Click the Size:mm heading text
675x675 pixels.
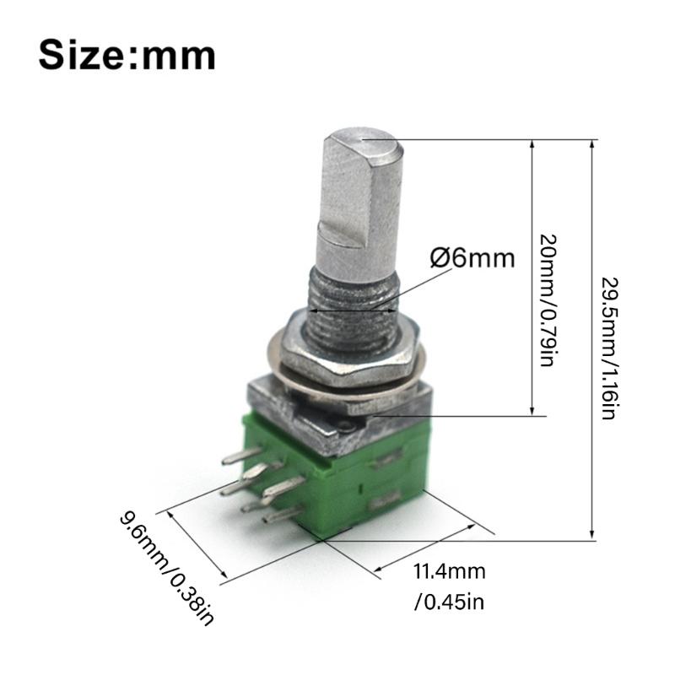pos(127,55)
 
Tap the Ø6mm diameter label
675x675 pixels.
pos(472,257)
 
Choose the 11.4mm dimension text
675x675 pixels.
pos(449,572)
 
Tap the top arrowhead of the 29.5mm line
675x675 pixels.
pos(592,143)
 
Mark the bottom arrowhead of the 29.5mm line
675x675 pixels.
pos(592,534)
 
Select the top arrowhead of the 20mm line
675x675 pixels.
pos(532,143)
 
